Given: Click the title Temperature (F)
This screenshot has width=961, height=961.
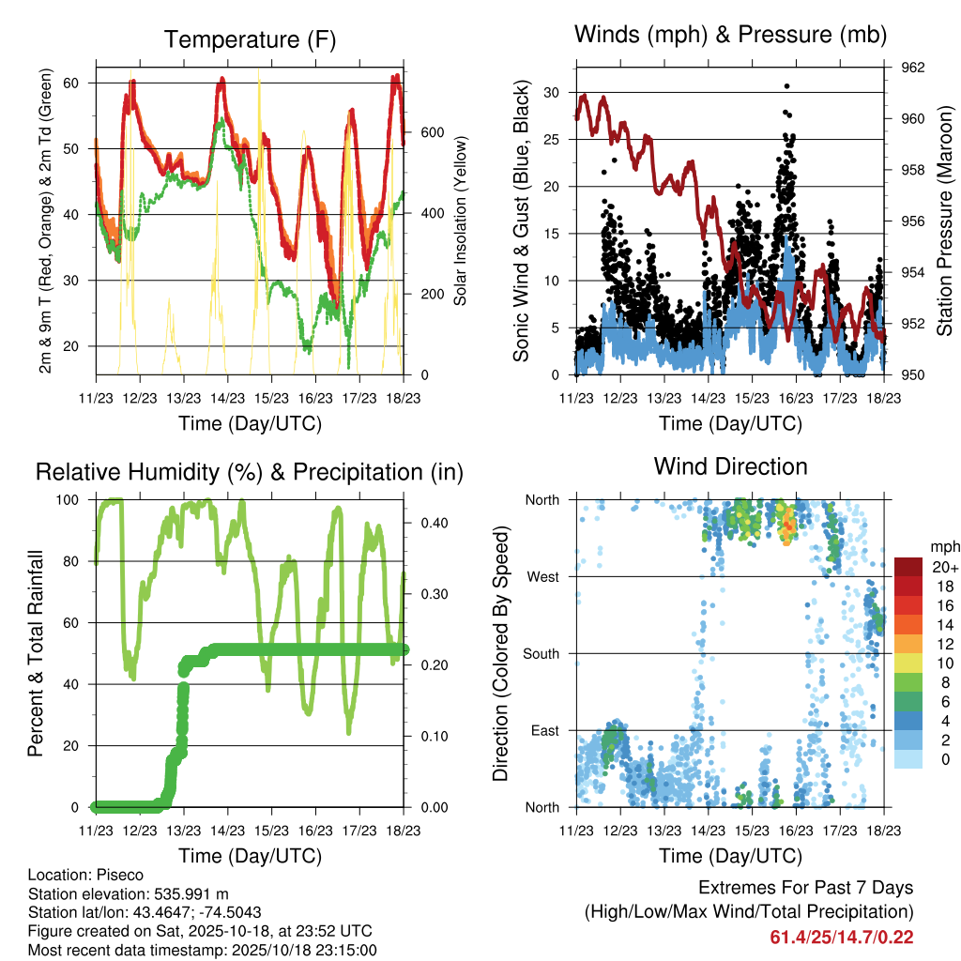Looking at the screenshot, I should click(x=250, y=39).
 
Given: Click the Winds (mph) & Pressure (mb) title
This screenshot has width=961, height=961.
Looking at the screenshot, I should click(x=731, y=35).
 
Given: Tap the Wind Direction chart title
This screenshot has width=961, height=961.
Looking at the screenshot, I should click(x=731, y=465).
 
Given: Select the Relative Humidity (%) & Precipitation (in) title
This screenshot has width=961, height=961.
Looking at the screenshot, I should click(x=250, y=471).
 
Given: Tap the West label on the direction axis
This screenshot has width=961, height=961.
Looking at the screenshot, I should click(x=544, y=576).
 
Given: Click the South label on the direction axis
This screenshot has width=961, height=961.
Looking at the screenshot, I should click(x=542, y=653).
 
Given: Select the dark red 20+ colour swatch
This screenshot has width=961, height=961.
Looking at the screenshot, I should click(x=908, y=566).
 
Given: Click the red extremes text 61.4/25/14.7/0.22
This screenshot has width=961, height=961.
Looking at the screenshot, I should click(x=842, y=938).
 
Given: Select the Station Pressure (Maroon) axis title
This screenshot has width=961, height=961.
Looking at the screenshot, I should click(x=944, y=221).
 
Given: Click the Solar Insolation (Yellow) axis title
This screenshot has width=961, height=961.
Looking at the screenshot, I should click(x=461, y=221).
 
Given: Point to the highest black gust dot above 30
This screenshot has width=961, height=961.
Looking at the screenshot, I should click(x=786, y=86).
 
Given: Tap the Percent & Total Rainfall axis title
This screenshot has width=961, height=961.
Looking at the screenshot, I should click(x=38, y=653).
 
